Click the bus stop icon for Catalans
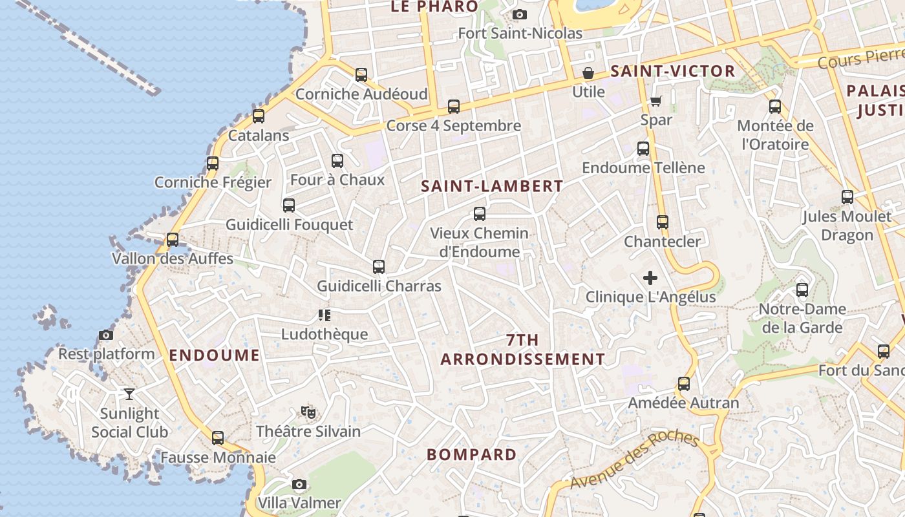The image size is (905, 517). [x=259, y=116]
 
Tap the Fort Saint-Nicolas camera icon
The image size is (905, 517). [x=519, y=14]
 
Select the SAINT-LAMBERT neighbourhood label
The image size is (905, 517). [x=492, y=187]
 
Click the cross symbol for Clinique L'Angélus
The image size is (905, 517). [x=650, y=278]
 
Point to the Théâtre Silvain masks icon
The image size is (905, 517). [x=308, y=412]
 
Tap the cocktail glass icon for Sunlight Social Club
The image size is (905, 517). [x=129, y=394]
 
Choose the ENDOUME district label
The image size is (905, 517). [x=215, y=355]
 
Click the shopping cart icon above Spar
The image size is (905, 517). [x=656, y=101]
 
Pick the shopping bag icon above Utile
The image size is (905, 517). [x=588, y=72]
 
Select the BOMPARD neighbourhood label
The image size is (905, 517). [x=472, y=454]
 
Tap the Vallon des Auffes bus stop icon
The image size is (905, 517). [x=173, y=240]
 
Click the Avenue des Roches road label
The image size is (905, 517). [x=634, y=460]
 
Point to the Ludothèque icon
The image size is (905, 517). [x=325, y=315]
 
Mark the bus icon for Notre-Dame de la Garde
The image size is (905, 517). [x=802, y=290]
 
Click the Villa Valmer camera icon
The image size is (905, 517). [x=299, y=484]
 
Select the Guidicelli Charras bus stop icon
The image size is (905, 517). [x=379, y=267]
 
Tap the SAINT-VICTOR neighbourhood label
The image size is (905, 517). [x=673, y=72]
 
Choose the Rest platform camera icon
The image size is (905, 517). [x=106, y=335]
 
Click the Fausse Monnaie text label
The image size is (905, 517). [x=218, y=458]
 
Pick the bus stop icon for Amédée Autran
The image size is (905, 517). [x=684, y=384]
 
